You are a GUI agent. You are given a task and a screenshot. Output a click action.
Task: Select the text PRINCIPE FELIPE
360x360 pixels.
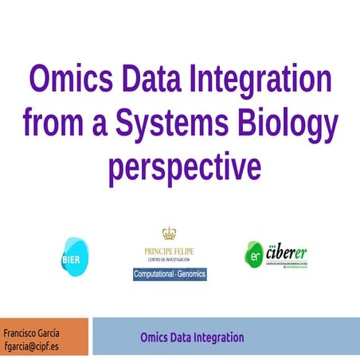click(x=169, y=252)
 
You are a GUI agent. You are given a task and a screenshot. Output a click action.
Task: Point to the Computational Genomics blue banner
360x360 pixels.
click(x=170, y=274)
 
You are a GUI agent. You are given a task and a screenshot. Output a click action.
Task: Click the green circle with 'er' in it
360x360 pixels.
click(x=255, y=256)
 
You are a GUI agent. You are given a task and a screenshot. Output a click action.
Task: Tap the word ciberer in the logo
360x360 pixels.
click(x=288, y=252)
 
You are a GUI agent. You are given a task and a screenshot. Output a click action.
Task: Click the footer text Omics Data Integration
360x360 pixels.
click(x=192, y=337)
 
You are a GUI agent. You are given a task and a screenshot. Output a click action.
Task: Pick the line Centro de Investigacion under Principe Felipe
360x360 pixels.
click(x=169, y=260)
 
